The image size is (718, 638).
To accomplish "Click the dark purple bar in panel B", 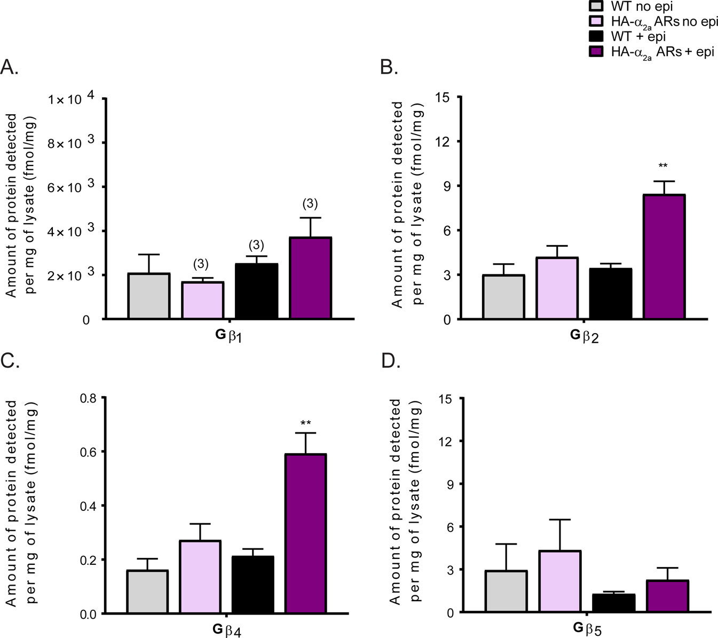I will point(664,257).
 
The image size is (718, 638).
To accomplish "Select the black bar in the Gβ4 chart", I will point(253,585).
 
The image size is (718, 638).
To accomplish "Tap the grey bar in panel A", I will point(149,296).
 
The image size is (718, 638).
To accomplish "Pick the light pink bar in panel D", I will point(559,581).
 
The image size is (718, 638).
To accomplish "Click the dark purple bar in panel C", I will point(306,533).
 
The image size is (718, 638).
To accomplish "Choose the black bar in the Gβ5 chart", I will point(613,603).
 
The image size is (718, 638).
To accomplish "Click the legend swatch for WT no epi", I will point(596,6).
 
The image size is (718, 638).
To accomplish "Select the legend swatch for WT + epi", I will point(596,36).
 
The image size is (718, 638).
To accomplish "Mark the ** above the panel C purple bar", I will point(306,424).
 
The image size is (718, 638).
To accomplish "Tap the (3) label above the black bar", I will point(256,245).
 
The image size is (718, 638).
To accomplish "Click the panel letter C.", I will point(10,361).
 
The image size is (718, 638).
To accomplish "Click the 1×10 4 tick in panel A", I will point(71,99).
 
